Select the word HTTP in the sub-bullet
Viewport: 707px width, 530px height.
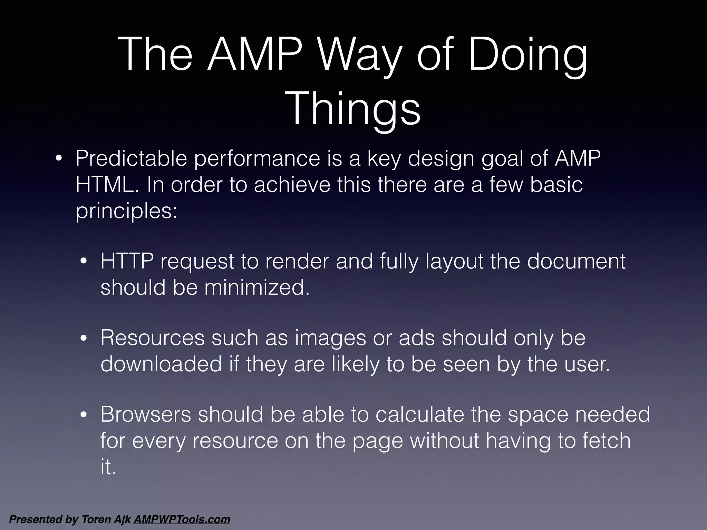pyautogui.click(x=127, y=261)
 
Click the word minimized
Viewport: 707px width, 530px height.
pyautogui.click(x=257, y=287)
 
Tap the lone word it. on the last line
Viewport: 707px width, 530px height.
pyautogui.click(x=108, y=467)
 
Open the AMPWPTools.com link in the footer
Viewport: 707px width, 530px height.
pyautogui.click(x=182, y=519)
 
